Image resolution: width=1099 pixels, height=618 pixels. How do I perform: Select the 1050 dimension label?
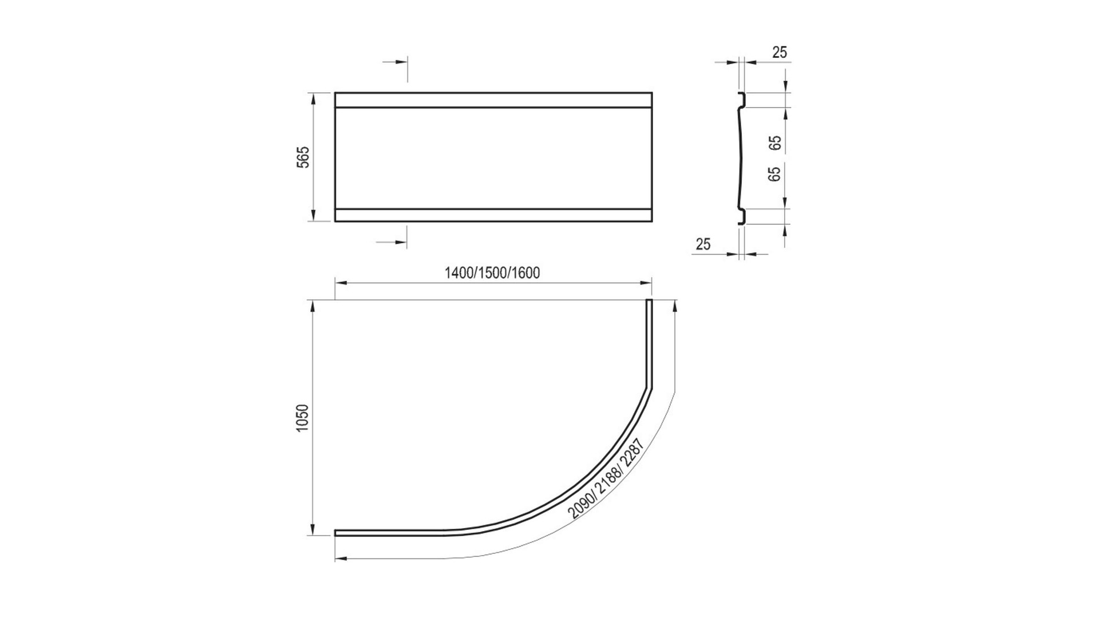[x=303, y=418]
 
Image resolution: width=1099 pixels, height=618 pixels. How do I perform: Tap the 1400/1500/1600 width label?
[x=492, y=273]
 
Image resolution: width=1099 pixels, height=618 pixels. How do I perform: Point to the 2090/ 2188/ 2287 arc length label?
[x=607, y=478]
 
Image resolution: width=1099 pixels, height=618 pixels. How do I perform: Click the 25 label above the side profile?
[x=780, y=52]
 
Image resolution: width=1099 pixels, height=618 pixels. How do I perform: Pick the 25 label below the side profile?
[x=703, y=244]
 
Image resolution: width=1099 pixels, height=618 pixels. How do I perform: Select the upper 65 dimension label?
[x=776, y=142]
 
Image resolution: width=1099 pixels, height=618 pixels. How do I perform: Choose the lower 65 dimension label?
[x=776, y=174]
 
